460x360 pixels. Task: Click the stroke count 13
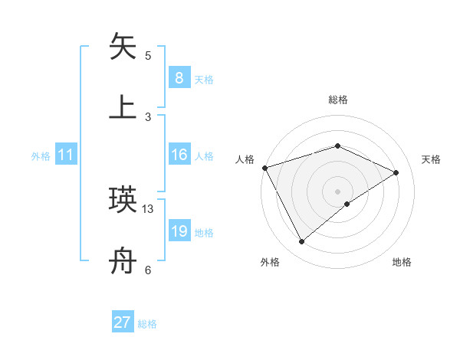pyautogui.click(x=148, y=208)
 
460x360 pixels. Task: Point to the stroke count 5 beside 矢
pyautogui.click(x=148, y=56)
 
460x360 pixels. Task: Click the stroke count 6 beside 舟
pyautogui.click(x=148, y=270)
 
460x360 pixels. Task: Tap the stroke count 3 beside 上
pyautogui.click(x=148, y=116)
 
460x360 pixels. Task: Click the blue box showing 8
pyautogui.click(x=179, y=77)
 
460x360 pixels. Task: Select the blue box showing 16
pyautogui.click(x=179, y=155)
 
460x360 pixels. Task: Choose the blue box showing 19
pyautogui.click(x=179, y=231)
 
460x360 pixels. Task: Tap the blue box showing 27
pyautogui.click(x=123, y=322)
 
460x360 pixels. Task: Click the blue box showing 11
pyautogui.click(x=66, y=155)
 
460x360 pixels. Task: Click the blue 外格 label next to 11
pyautogui.click(x=41, y=155)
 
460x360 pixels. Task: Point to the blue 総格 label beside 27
pyautogui.click(x=147, y=324)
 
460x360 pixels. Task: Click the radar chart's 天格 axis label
pyautogui.click(x=431, y=159)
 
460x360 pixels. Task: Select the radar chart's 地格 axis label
pyautogui.click(x=402, y=262)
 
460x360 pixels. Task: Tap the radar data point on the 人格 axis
pyautogui.click(x=264, y=168)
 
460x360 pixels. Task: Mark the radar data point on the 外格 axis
pyautogui.click(x=301, y=242)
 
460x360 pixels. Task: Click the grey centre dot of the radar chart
pyautogui.click(x=337, y=191)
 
